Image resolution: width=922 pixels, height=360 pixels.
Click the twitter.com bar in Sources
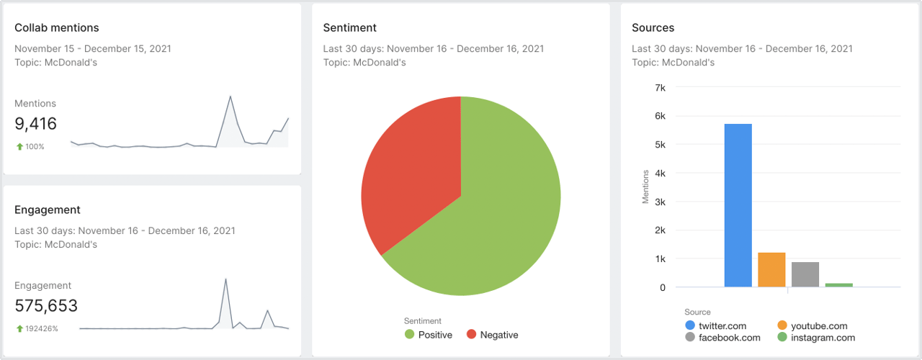click(738, 205)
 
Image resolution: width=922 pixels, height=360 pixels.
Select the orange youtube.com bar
click(771, 270)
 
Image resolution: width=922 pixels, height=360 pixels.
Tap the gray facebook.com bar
click(805, 274)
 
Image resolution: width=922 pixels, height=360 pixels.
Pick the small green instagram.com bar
click(838, 285)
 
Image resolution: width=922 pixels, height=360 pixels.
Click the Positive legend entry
click(429, 335)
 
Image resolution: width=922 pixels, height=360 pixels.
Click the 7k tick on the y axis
click(660, 87)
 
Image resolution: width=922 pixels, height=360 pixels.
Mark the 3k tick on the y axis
click(660, 202)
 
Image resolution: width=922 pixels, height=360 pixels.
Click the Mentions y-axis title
click(645, 186)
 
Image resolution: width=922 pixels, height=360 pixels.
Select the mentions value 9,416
click(36, 124)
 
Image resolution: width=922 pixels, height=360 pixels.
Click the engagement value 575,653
click(46, 306)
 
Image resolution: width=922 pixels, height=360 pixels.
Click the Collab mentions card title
click(57, 28)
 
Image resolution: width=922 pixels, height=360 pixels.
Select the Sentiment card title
click(349, 28)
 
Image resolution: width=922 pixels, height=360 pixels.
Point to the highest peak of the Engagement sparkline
click(226, 279)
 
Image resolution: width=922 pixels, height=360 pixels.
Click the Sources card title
click(653, 28)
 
